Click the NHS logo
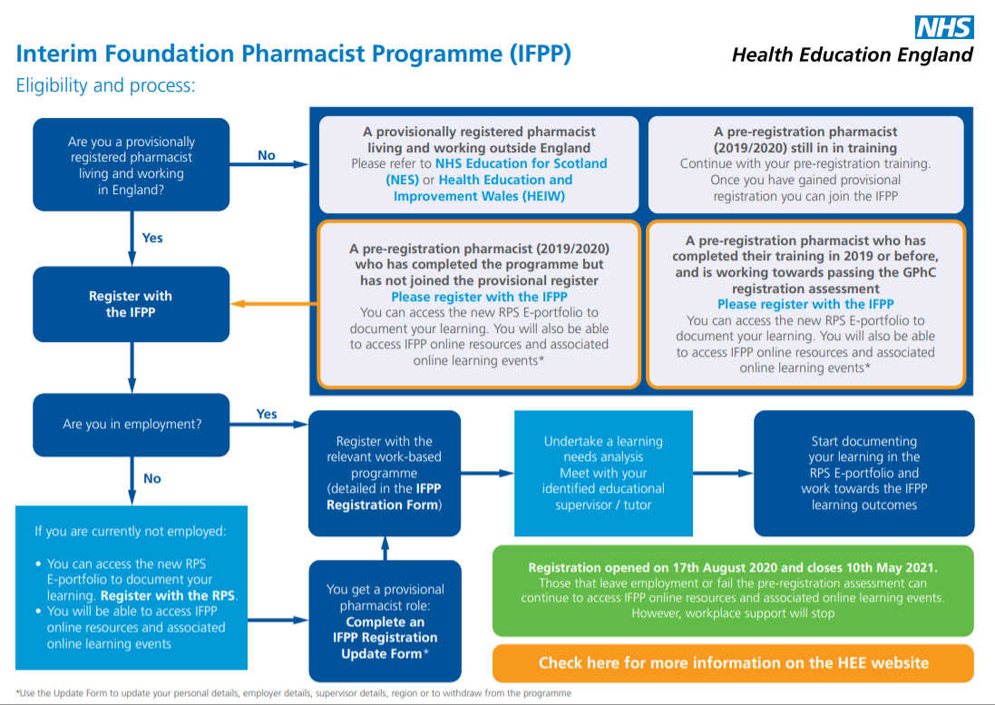click(943, 27)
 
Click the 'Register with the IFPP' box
click(132, 304)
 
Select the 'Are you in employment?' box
click(132, 425)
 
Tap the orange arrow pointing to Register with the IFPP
click(274, 304)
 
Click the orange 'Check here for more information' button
click(733, 663)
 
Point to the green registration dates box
click(733, 591)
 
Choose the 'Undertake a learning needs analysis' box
click(603, 474)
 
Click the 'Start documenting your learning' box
click(863, 474)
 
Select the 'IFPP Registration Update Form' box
click(385, 622)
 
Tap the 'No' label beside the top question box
click(267, 155)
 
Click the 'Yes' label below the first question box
click(152, 238)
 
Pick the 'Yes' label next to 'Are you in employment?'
click(267, 414)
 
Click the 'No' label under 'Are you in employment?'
click(152, 478)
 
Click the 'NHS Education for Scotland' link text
click(521, 163)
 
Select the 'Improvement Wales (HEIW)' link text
click(479, 196)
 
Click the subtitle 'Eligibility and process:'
click(105, 85)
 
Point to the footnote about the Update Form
click(293, 693)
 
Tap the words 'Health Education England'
click(853, 55)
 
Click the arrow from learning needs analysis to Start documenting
click(724, 474)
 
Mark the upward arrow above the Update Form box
click(385, 548)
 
